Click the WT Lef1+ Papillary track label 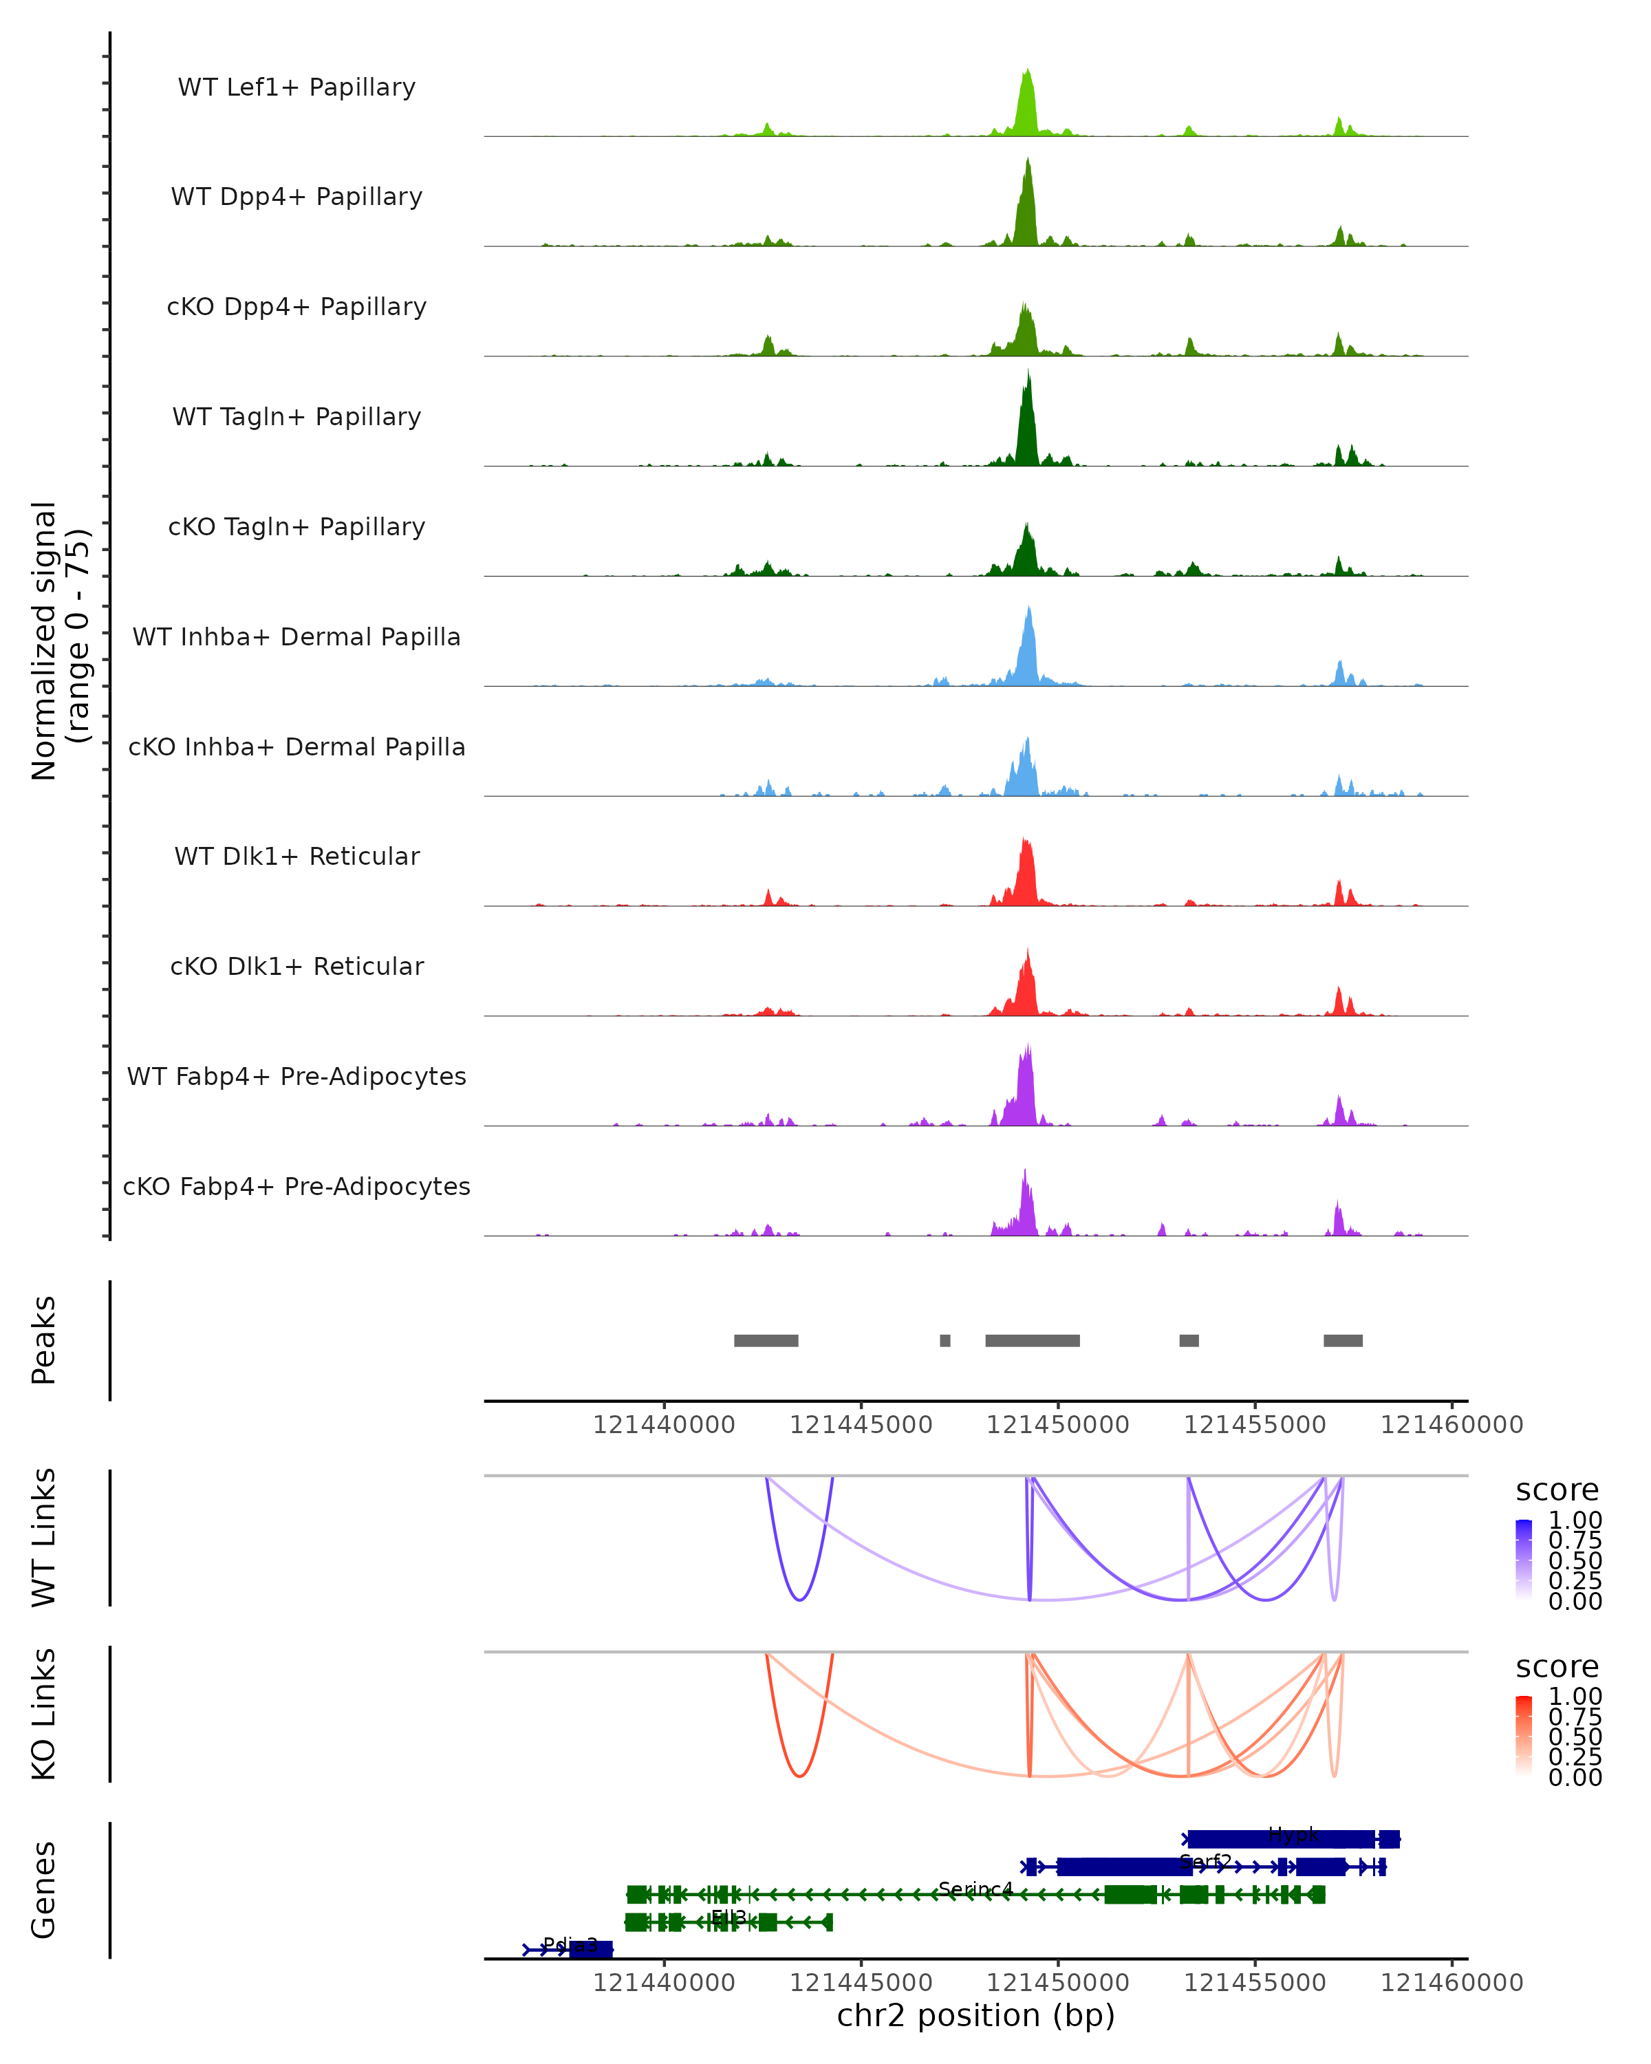(296, 87)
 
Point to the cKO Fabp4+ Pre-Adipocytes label (296, 1186)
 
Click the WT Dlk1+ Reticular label (296, 856)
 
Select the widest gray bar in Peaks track (1032, 1340)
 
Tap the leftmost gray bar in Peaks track (766, 1340)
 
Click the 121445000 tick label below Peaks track (861, 1425)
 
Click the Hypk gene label (1293, 1834)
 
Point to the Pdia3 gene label (570, 1944)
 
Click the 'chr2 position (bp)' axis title (975, 2015)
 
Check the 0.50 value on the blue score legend (1575, 1560)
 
